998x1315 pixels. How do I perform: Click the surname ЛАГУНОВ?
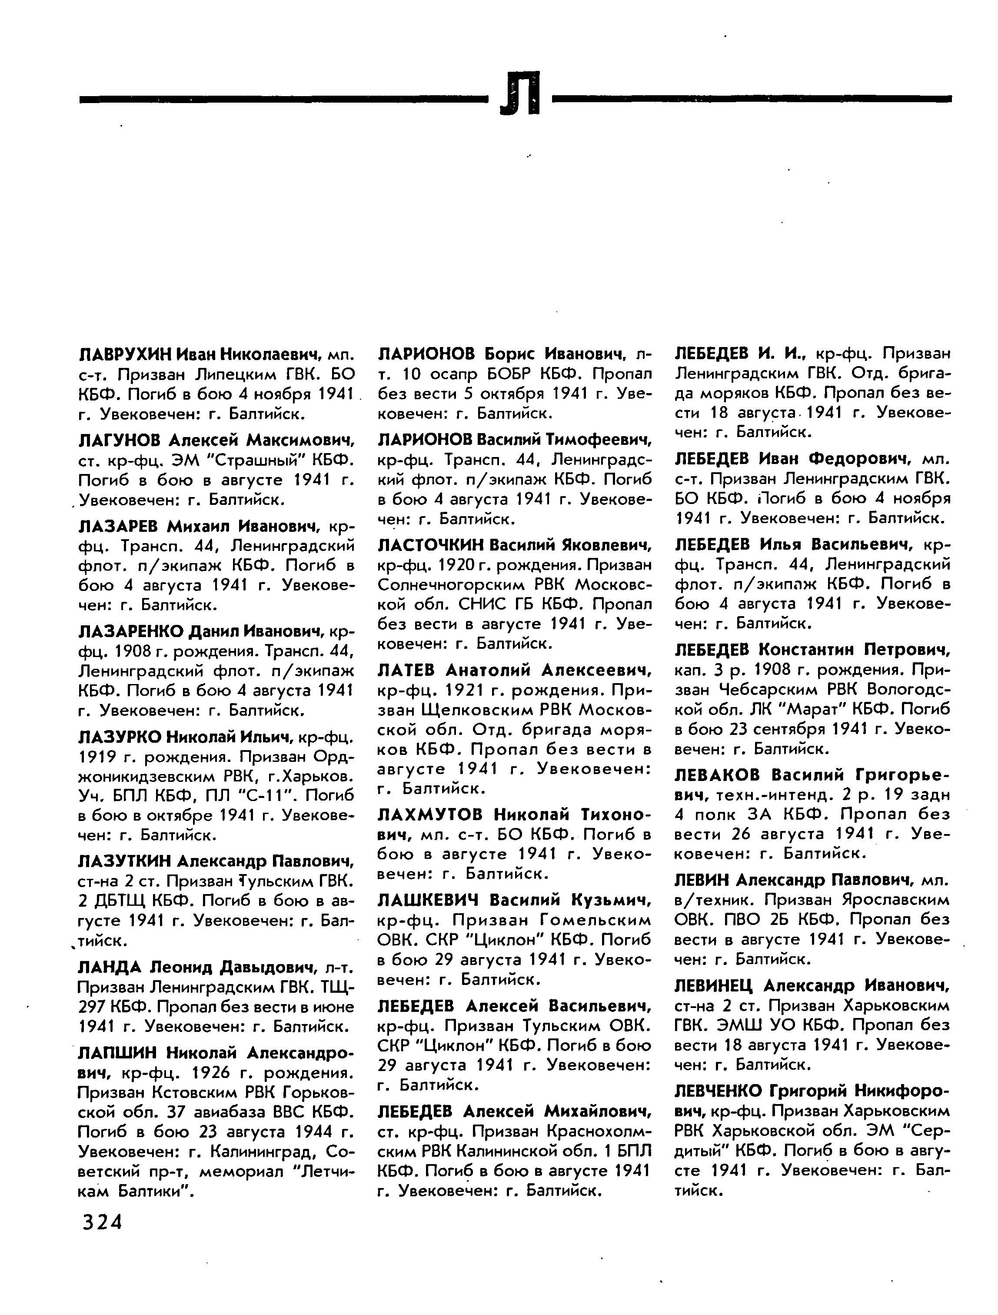click(x=119, y=441)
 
